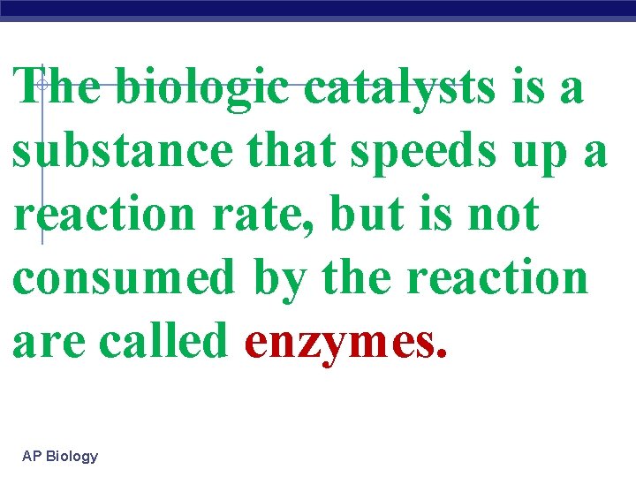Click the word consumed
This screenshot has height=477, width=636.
124,276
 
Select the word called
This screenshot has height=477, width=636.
172,339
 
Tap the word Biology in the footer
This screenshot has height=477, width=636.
72,457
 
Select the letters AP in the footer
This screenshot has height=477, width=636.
32,457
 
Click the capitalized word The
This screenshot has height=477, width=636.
57,88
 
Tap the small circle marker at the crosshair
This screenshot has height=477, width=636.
42,84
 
